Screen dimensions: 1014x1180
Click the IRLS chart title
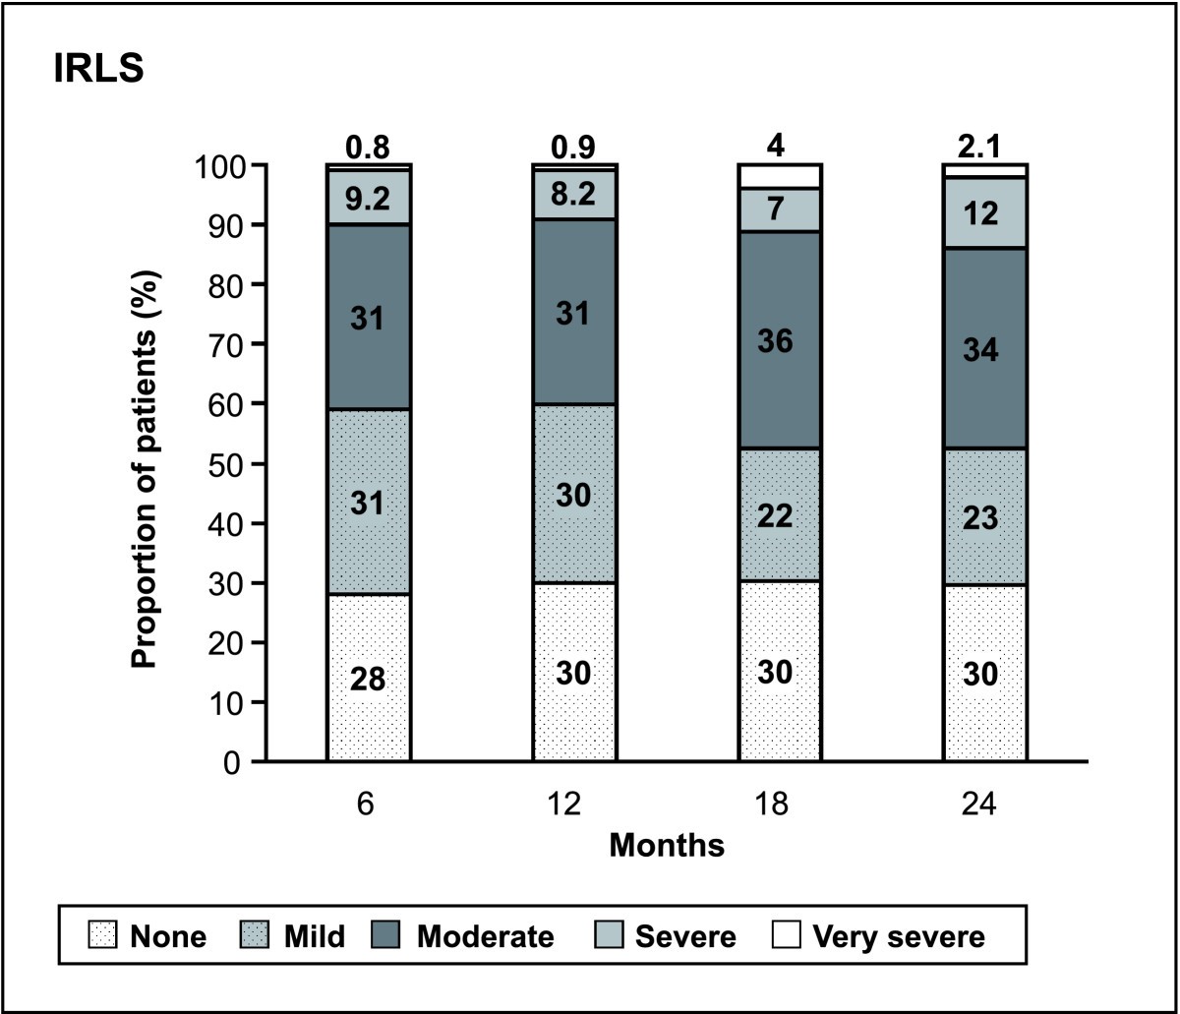tap(98, 72)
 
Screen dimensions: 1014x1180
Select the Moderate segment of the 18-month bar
tap(780, 340)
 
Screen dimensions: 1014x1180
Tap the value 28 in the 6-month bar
tap(369, 679)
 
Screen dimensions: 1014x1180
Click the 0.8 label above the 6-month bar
tap(368, 148)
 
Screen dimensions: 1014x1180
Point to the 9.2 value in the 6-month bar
tap(369, 200)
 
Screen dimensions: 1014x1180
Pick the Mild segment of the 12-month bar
tap(574, 494)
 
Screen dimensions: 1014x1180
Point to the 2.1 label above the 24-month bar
tap(985, 148)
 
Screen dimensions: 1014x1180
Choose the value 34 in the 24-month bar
tap(985, 349)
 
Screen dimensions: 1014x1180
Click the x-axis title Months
tap(667, 845)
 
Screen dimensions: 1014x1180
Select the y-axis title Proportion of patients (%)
tap(145, 463)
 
